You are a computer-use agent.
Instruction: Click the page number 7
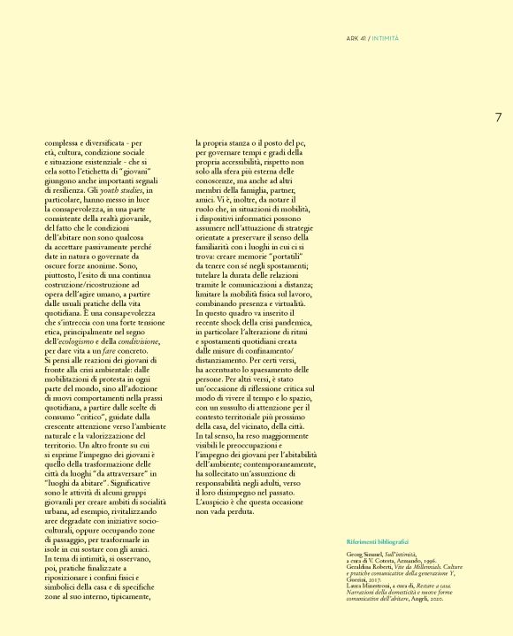tap(498, 117)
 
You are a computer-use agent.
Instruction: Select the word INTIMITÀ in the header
tap(386, 38)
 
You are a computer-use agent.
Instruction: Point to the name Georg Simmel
tap(365, 552)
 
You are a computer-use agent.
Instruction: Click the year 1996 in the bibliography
tap(433, 558)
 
